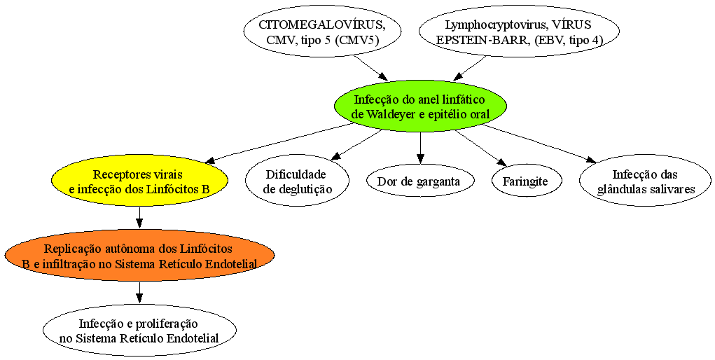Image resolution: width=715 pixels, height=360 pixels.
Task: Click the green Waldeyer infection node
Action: [x=420, y=106]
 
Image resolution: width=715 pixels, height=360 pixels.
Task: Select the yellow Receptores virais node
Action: [x=139, y=181]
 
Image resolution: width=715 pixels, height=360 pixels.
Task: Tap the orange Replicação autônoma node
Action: [x=139, y=256]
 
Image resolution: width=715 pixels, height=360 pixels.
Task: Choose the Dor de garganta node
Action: [x=420, y=181]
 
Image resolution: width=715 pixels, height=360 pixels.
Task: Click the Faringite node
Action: [x=525, y=181]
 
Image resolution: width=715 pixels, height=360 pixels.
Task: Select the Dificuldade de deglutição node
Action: [x=298, y=181]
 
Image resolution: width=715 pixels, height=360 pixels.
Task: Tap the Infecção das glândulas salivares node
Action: [x=645, y=181]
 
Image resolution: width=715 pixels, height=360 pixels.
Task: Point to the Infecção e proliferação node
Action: [x=139, y=331]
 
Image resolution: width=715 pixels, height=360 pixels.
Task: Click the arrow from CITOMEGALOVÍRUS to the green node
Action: [x=371, y=67]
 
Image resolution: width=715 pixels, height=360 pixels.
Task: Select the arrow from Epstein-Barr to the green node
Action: [x=471, y=67]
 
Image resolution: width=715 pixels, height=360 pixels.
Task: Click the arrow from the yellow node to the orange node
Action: [x=139, y=218]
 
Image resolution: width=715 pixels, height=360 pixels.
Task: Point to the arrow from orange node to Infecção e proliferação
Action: [x=139, y=293]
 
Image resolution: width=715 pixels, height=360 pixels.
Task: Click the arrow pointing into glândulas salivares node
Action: [x=539, y=143]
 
